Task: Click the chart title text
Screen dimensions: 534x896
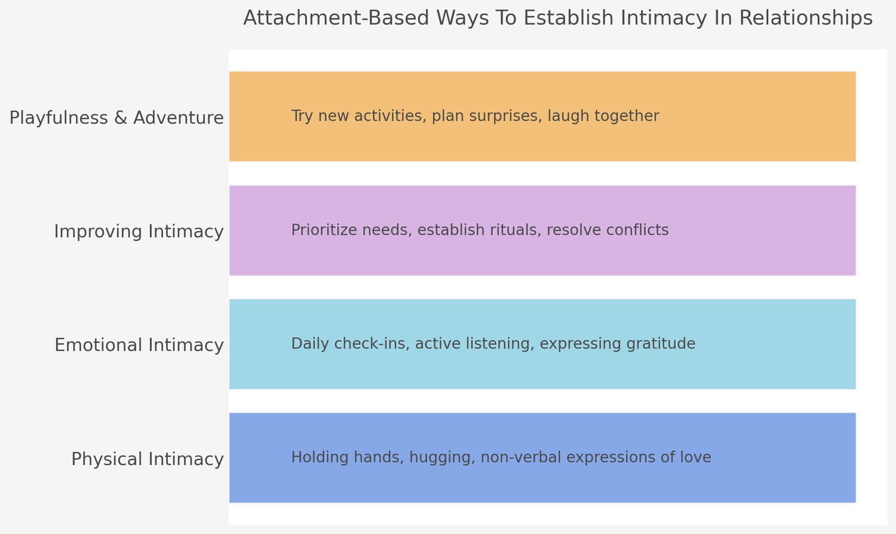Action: coord(557,19)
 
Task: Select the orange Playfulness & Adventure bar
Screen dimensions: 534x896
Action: coord(747,116)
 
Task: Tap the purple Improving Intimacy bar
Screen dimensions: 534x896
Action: coord(747,231)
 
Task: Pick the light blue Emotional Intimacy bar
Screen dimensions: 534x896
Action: coord(747,344)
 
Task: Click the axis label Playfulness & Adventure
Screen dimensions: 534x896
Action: coord(116,118)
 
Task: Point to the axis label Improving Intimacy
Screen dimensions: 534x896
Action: coord(139,231)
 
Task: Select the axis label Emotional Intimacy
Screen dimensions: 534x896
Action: coord(139,345)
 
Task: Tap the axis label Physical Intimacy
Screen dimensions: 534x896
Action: coord(147,459)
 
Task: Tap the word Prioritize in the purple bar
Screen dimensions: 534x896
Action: coord(321,230)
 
